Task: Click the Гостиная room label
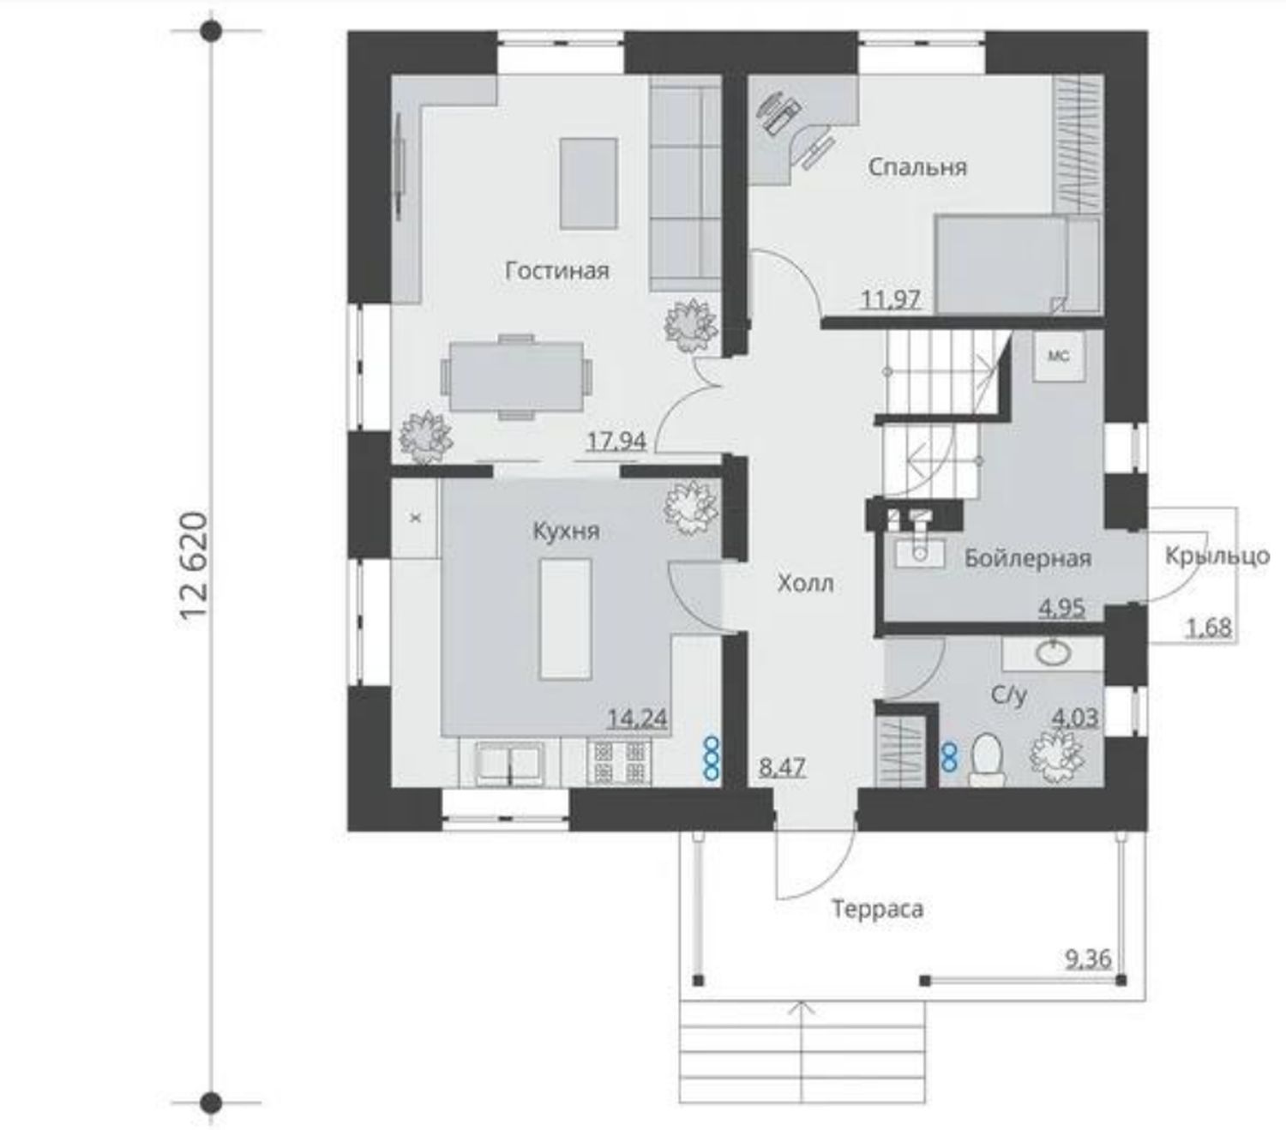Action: click(x=556, y=271)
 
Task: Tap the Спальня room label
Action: click(x=917, y=167)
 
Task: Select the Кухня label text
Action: click(x=566, y=531)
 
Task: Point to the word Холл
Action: click(x=806, y=583)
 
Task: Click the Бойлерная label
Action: click(x=1028, y=558)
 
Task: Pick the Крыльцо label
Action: click(x=1217, y=556)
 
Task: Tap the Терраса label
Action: click(x=877, y=909)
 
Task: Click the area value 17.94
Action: click(x=616, y=441)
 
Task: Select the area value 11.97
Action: click(x=891, y=298)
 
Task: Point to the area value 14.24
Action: click(x=638, y=718)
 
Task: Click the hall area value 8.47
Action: click(x=783, y=767)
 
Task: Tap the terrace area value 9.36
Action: click(x=1089, y=959)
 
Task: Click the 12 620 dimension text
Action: click(x=193, y=566)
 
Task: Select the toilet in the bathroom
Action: click(x=987, y=760)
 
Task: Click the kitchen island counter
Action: click(x=565, y=619)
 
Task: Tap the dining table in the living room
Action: click(x=516, y=376)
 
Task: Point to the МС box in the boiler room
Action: click(x=1058, y=356)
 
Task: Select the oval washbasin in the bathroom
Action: click(x=1053, y=652)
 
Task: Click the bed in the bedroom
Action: click(x=1019, y=264)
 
